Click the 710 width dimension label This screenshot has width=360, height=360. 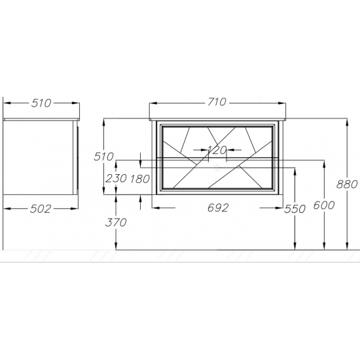point(217,102)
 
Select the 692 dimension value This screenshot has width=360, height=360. point(218,208)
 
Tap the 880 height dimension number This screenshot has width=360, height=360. point(347,184)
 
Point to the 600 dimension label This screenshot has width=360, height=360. point(324,205)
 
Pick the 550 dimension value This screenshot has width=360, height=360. point(295,209)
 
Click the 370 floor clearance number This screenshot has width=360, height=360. point(116,223)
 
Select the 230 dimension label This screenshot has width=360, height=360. point(116,178)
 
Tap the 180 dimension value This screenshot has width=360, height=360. point(140,179)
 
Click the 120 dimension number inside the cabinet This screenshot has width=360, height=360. point(217,150)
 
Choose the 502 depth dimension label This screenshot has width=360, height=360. point(41,209)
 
